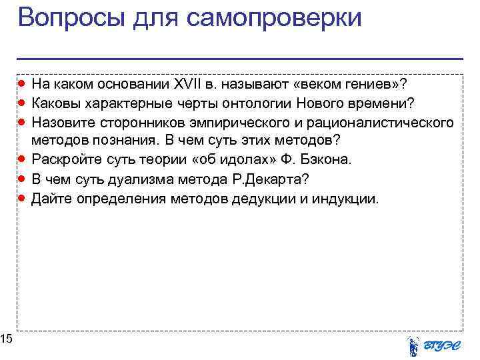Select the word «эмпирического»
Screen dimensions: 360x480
[233, 123]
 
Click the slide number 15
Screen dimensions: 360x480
[7, 340]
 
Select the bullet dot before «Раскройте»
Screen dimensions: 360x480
[23, 160]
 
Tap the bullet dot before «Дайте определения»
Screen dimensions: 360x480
[23, 198]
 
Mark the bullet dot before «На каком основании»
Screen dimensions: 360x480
[23, 84]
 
